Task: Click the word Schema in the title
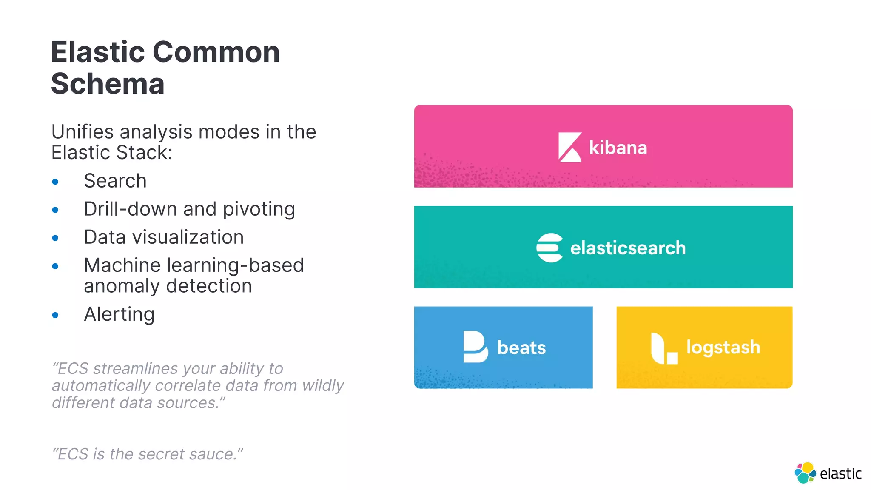tap(108, 84)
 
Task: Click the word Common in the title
tap(216, 52)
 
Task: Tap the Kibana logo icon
tap(569, 147)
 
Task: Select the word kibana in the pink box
tap(618, 148)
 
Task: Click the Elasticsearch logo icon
tap(549, 248)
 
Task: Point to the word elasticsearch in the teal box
tap(628, 248)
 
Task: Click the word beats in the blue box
tap(521, 348)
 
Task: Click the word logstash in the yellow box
tap(723, 348)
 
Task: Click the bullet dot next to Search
tap(55, 182)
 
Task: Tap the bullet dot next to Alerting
tap(55, 315)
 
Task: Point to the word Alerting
tap(119, 315)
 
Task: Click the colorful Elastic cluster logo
tap(805, 473)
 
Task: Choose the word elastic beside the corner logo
tap(840, 474)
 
